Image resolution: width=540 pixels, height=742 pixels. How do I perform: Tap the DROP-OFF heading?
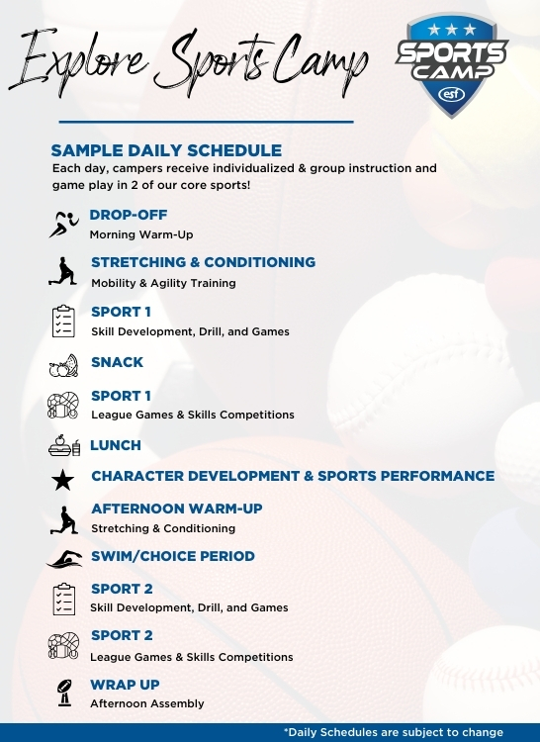click(129, 214)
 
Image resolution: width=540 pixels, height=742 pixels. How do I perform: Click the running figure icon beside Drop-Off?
click(63, 224)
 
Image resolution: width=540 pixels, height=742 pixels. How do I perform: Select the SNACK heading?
click(117, 362)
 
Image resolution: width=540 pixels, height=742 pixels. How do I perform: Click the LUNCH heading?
click(116, 445)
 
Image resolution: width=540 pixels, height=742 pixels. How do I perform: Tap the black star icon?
click(63, 481)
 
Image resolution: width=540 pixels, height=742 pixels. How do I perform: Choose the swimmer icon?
click(63, 560)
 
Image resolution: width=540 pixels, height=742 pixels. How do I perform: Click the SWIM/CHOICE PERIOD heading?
click(172, 556)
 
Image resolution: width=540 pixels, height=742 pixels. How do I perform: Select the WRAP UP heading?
click(125, 685)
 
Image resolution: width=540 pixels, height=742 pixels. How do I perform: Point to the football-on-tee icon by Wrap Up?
click(63, 693)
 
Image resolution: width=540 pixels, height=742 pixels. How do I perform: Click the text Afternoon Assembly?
click(146, 703)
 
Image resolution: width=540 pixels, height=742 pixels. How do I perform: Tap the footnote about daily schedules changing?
click(393, 733)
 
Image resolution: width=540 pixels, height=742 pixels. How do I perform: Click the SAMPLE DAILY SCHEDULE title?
click(166, 150)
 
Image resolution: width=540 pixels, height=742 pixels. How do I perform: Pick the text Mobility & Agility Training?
click(163, 283)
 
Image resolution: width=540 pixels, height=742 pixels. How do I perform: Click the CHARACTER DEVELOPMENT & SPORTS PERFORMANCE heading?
click(293, 476)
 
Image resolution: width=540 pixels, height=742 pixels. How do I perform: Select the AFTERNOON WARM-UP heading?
click(176, 509)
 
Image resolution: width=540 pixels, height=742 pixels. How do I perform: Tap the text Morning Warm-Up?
click(140, 234)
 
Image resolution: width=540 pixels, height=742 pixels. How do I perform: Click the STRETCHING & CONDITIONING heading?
click(203, 262)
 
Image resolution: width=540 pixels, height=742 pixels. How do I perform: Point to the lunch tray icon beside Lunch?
click(62, 445)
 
